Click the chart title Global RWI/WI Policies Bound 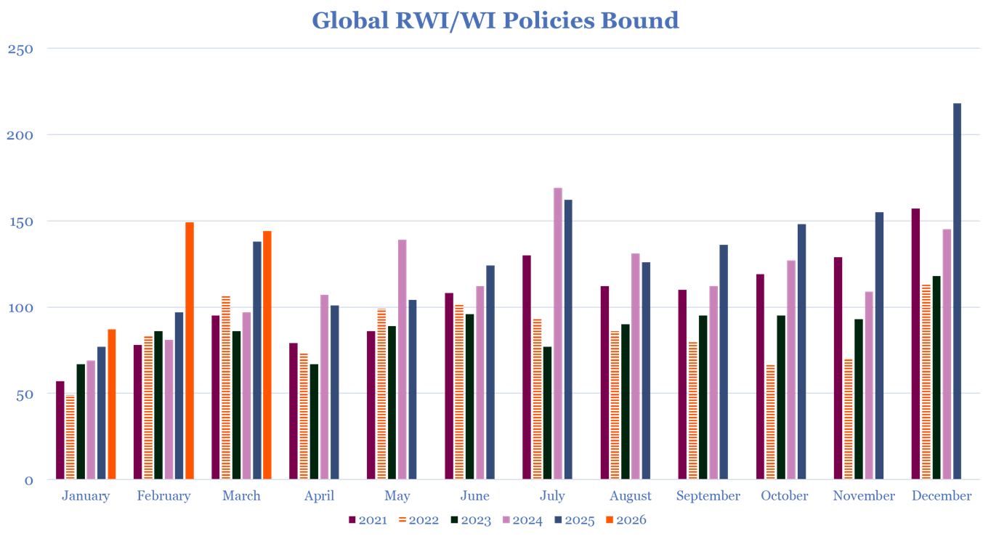point(495,20)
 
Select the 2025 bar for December point(957,291)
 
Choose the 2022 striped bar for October point(770,421)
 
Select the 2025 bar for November point(879,345)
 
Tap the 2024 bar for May point(402,359)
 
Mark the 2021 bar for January point(60,429)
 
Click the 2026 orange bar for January point(112,404)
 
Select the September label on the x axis point(708,496)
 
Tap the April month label point(319,496)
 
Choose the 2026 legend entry point(626,520)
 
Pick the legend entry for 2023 point(470,520)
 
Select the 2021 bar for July point(527,367)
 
